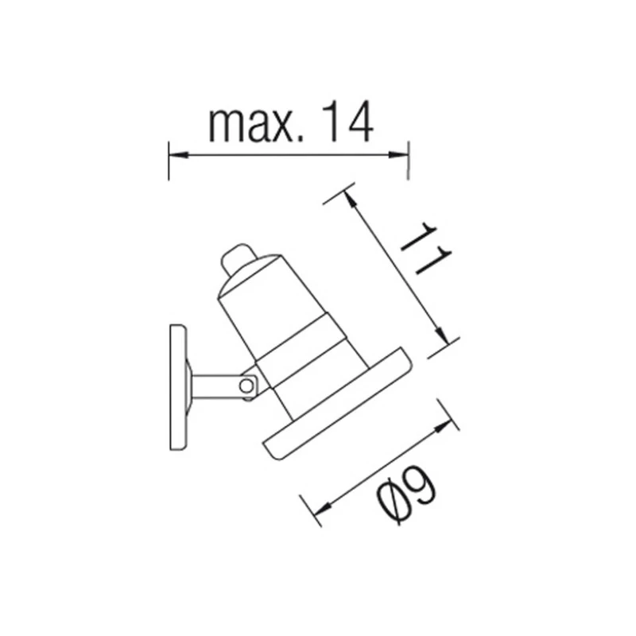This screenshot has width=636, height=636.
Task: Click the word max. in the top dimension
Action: click(255, 124)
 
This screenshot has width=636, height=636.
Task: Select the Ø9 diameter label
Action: click(407, 494)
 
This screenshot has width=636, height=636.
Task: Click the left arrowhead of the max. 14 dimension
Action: click(177, 154)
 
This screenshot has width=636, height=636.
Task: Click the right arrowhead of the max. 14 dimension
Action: click(398, 154)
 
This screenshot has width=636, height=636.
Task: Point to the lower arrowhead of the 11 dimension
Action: click(442, 335)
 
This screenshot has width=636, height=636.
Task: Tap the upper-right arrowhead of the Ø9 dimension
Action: click(443, 426)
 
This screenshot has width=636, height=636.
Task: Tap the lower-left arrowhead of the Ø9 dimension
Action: click(323, 509)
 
